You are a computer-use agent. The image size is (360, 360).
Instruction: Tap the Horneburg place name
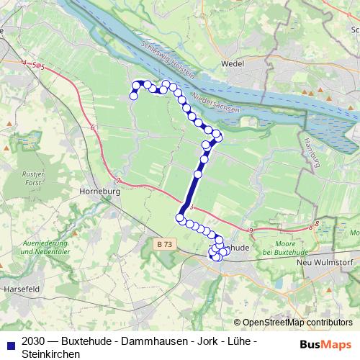(x=96, y=192)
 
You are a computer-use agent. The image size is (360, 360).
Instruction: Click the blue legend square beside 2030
(x=9, y=341)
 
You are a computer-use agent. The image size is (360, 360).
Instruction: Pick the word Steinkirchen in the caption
(x=51, y=354)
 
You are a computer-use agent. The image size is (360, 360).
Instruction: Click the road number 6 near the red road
(x=93, y=127)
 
